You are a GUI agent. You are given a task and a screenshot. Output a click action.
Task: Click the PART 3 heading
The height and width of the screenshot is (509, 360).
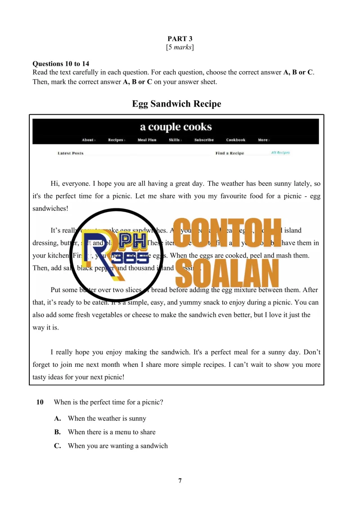pos(180,39)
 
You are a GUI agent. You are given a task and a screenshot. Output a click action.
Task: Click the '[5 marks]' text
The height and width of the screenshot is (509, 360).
pos(180,47)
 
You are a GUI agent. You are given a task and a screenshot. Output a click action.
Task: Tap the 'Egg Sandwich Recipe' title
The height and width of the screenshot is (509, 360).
pos(176,104)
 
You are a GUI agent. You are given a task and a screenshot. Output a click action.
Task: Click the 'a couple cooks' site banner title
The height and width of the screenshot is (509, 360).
pos(176,127)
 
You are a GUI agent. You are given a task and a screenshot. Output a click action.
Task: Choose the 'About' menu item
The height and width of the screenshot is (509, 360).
pos(88,140)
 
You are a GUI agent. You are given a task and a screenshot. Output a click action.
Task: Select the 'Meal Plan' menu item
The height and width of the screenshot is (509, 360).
pos(147,140)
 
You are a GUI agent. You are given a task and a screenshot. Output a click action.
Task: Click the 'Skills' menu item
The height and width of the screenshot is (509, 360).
pos(175,140)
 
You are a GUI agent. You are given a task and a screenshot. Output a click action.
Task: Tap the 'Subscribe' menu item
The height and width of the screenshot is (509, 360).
pos(204,140)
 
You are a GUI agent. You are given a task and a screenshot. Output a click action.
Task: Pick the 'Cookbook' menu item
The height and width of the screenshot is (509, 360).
pos(236,140)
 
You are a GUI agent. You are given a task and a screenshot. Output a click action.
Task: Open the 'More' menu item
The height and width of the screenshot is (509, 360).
pos(263,140)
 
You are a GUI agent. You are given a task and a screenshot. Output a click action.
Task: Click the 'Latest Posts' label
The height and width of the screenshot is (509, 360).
pos(71,153)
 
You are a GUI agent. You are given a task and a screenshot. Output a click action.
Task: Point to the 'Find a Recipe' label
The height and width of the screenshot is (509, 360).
pos(229,153)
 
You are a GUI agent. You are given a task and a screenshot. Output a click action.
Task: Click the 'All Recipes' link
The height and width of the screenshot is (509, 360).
pos(280,153)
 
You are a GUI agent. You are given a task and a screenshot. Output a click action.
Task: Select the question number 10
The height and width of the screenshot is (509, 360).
pos(40,402)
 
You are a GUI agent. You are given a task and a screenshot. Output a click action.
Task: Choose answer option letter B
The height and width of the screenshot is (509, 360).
pos(58,432)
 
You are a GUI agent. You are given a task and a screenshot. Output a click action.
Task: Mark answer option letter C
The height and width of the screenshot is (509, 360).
pos(58,446)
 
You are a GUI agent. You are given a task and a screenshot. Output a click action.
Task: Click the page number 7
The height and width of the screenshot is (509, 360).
pos(180,481)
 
